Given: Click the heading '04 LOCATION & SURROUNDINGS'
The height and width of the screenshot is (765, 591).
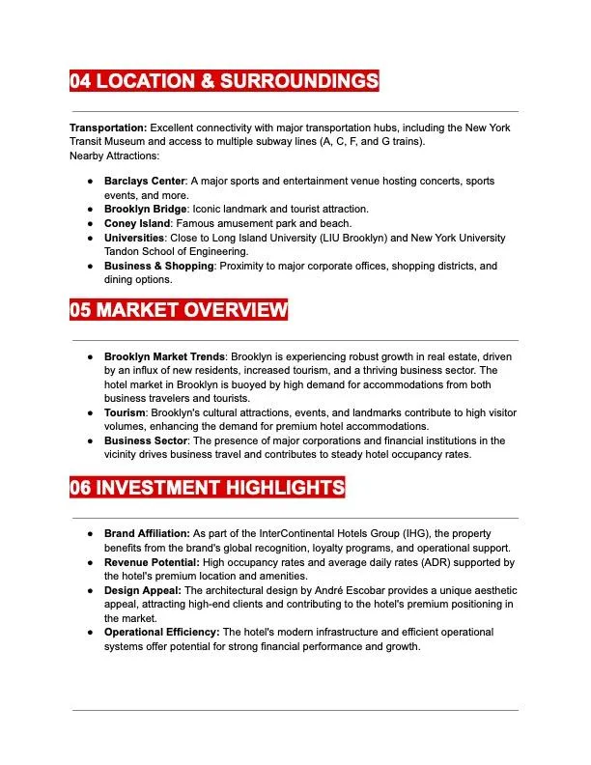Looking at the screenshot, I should click(223, 81).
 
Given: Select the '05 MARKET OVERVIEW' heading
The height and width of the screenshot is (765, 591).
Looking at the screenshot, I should click(179, 310).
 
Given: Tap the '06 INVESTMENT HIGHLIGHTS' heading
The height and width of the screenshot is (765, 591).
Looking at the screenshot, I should click(207, 488).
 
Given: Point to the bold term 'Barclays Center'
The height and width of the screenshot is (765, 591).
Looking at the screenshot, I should click(145, 181).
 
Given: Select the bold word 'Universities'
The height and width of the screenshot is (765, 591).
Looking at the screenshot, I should click(134, 238).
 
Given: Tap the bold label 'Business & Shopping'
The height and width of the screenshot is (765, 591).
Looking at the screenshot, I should click(158, 266).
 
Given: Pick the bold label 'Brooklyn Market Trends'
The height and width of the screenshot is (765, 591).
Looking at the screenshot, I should click(164, 356).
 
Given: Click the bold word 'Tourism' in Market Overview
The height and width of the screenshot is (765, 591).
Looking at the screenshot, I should click(126, 412).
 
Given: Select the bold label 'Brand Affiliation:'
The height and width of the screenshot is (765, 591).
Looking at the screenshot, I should click(147, 533).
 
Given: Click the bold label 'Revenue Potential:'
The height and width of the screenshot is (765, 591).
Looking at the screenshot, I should click(152, 562).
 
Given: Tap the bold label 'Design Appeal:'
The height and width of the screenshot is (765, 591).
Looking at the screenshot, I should click(142, 590).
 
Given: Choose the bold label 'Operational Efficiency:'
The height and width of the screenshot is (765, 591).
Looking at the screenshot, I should click(162, 632).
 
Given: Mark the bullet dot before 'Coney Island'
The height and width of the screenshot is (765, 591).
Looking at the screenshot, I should click(90, 223).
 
